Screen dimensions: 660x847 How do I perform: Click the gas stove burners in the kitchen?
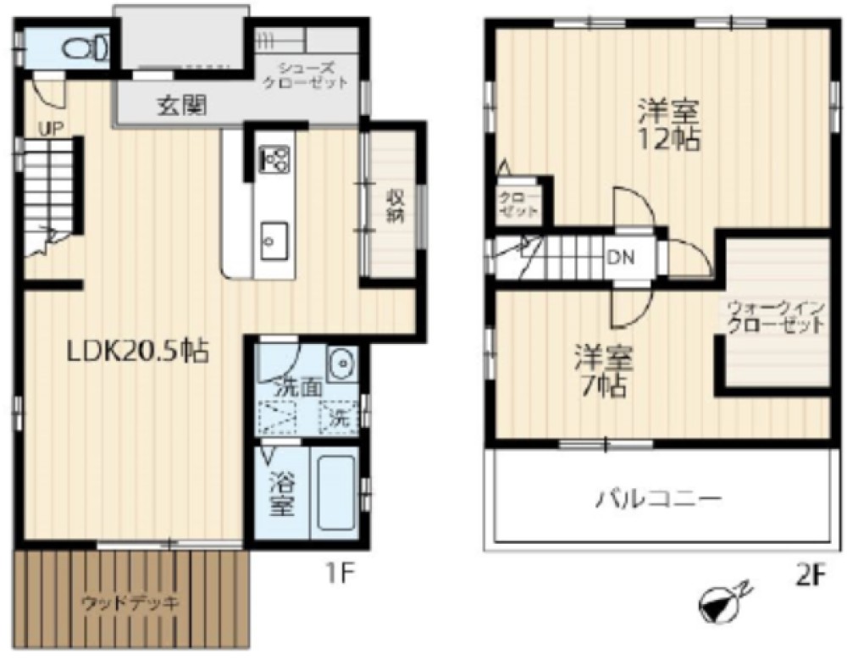tap(274, 158)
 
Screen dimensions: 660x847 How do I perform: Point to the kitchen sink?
tap(274, 241)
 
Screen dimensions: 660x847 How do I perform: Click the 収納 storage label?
tap(395, 206)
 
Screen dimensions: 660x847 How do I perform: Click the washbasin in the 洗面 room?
tap(340, 364)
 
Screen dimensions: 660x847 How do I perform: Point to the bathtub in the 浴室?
tap(334, 493)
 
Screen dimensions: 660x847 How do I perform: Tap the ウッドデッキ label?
tap(130, 603)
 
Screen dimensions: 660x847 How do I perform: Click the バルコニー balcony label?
tap(657, 497)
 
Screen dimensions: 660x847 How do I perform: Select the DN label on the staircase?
tap(617, 256)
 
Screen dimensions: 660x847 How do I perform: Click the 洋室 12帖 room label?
tap(669, 125)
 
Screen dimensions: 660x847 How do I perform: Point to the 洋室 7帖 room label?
tap(604, 370)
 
